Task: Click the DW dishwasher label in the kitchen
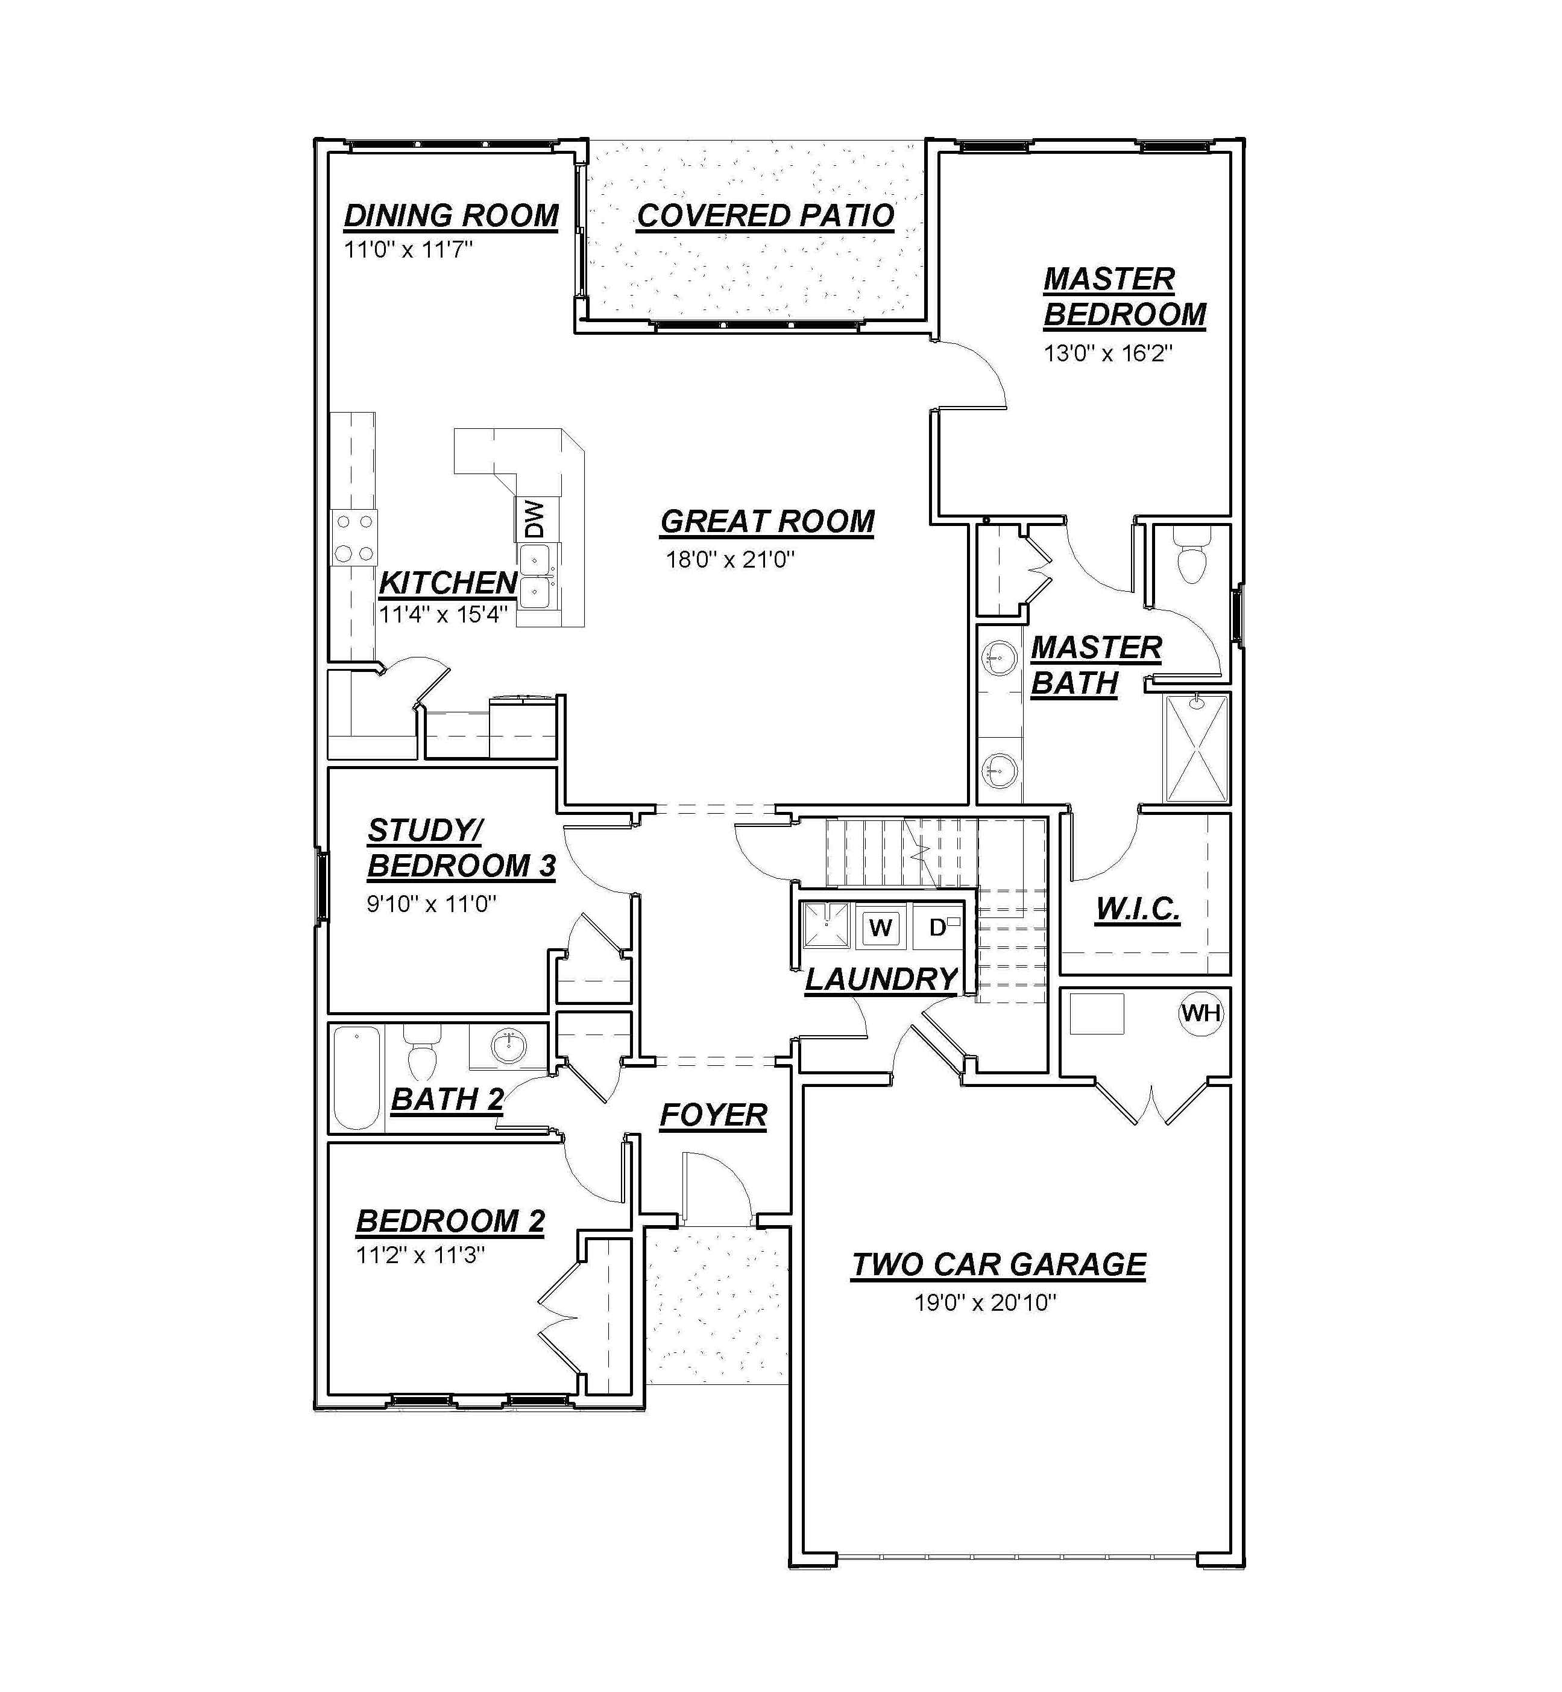534,520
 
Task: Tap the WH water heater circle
1201,1012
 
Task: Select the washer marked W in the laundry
881,928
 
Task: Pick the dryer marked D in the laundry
938,928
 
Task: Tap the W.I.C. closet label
1138,909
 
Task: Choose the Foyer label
713,1115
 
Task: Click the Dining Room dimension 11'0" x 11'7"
408,250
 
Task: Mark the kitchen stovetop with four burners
354,538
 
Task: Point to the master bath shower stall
1196,747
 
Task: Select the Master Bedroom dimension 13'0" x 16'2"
1108,353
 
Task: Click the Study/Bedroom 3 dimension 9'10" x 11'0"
431,904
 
